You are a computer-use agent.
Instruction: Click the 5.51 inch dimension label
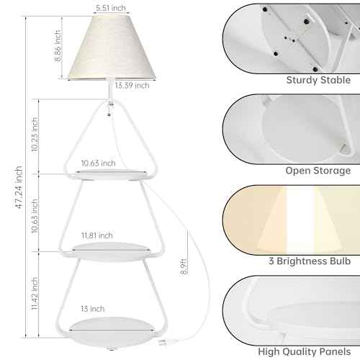111,8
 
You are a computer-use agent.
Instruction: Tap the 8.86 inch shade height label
58,46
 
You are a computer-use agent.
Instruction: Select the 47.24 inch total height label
19,187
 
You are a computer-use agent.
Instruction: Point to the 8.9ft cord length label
184,266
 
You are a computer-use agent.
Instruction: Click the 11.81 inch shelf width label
97,235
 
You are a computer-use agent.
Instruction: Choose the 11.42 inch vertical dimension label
35,294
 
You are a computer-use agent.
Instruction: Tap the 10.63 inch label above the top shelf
98,163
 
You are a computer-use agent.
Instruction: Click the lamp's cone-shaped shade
112,48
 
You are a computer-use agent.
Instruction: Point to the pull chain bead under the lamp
109,114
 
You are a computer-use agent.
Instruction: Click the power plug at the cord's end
163,343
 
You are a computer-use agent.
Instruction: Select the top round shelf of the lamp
112,174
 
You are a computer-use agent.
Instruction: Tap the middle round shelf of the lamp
111,251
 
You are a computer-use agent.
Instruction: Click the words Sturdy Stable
318,80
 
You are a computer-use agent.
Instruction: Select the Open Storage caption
318,171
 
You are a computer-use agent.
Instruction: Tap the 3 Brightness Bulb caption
310,261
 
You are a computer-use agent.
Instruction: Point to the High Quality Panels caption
305,351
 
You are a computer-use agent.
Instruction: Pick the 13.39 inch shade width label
132,86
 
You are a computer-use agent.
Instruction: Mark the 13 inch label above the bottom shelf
93,309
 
